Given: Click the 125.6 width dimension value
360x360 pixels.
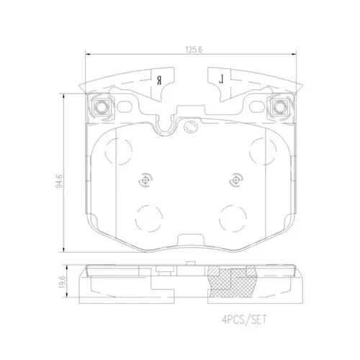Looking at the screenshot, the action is pyautogui.click(x=194, y=50).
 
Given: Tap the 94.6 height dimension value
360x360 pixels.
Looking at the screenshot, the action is pyautogui.click(x=59, y=181).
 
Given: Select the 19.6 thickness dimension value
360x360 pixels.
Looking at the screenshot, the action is pyautogui.click(x=62, y=282).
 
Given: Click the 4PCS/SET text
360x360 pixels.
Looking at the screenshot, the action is pyautogui.click(x=244, y=320).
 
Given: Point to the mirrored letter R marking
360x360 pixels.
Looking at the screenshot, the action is pyautogui.click(x=159, y=80).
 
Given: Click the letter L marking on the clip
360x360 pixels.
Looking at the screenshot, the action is pyautogui.click(x=221, y=79).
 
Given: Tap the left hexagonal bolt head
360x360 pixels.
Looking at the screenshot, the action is pyautogui.click(x=100, y=107).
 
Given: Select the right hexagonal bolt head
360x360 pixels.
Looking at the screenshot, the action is pyautogui.click(x=279, y=107).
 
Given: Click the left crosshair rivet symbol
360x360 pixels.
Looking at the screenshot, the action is pyautogui.click(x=145, y=180).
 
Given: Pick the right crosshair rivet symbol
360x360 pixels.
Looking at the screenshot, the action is pyautogui.click(x=236, y=180).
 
